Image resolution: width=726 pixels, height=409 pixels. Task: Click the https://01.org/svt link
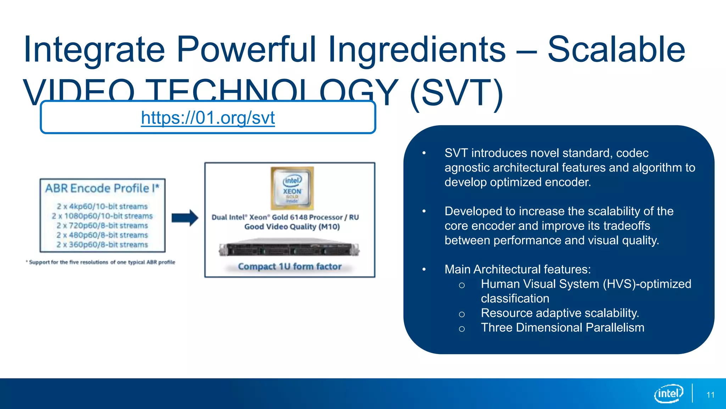(208, 118)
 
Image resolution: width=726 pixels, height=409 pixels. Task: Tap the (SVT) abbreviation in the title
(456, 93)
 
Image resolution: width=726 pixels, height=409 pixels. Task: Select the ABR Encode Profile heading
(102, 188)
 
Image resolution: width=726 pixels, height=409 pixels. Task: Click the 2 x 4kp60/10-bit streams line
(102, 206)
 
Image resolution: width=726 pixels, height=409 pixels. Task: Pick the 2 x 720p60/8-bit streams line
(102, 225)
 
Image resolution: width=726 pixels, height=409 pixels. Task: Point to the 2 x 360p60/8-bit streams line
(102, 245)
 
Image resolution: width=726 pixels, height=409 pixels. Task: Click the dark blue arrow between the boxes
(185, 218)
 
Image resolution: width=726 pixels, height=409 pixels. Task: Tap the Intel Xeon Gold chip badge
(292, 188)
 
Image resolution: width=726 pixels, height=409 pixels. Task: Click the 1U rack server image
(289, 249)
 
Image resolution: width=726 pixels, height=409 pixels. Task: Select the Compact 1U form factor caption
(290, 266)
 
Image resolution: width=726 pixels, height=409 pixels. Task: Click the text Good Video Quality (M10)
(292, 227)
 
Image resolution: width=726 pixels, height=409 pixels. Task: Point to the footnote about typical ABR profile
(101, 262)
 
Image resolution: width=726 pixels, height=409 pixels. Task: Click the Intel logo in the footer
(668, 393)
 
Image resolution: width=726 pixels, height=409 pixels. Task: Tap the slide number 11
(710, 395)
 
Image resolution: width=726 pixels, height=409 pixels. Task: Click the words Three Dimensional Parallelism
(562, 327)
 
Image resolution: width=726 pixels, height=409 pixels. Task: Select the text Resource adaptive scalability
(560, 313)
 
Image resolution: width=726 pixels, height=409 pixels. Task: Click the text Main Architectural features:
(518, 269)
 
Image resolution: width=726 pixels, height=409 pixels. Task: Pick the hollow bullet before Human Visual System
(462, 285)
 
